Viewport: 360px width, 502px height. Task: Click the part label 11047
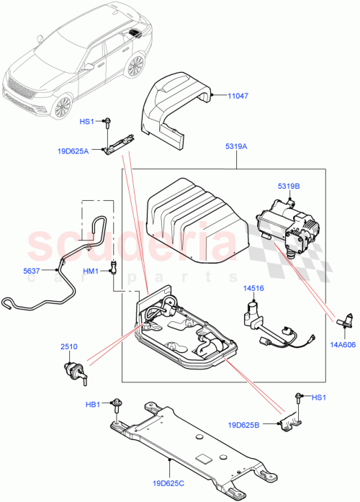238,94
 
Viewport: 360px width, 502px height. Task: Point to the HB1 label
93,404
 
